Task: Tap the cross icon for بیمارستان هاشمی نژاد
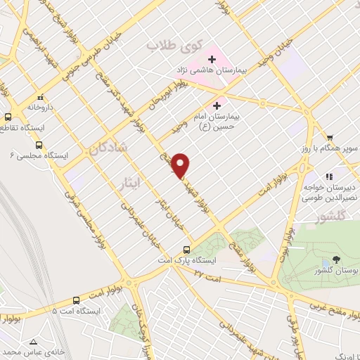tap(212, 58)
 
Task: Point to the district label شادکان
tap(108, 148)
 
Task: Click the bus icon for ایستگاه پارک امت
tap(186, 249)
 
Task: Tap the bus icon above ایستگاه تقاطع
tap(7, 117)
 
